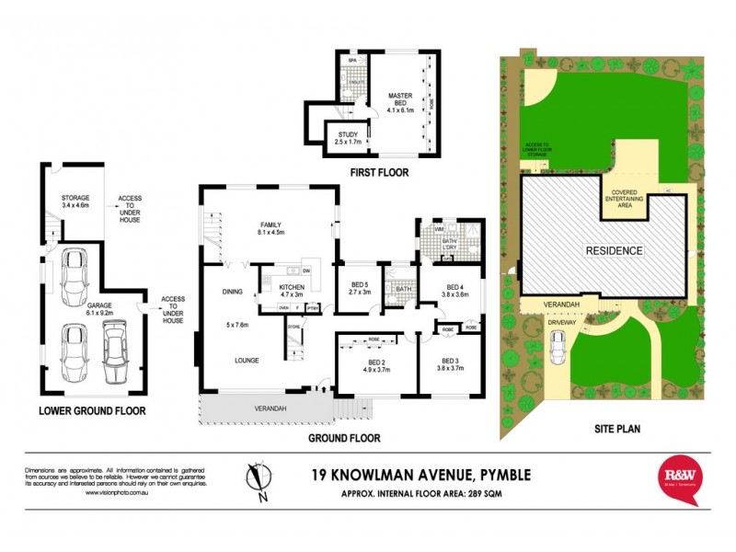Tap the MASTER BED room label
[399, 101]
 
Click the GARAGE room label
[99, 306]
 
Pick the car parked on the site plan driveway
[558, 348]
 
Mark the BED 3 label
[449, 363]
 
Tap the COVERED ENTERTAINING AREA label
[628, 198]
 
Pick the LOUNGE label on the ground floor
[245, 360]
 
